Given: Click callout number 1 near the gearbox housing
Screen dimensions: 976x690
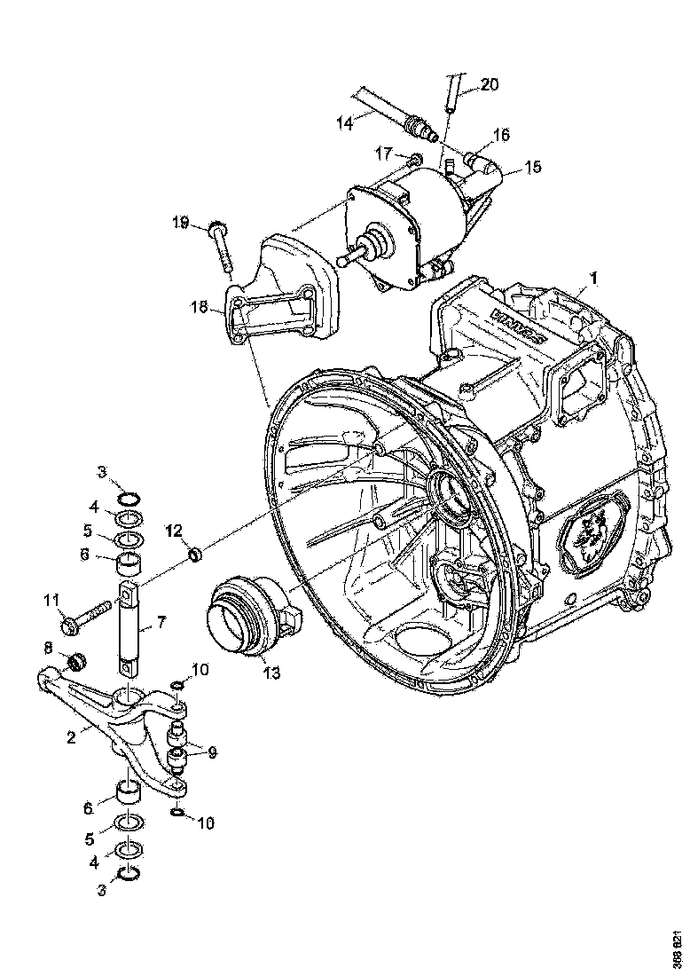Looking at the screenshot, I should (x=593, y=278).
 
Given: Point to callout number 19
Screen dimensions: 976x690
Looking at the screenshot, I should (x=181, y=223).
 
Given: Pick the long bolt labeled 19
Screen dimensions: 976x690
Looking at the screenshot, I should (x=222, y=249).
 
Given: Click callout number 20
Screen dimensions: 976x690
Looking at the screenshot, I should (x=490, y=85).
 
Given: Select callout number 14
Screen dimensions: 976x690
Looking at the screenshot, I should (x=345, y=124).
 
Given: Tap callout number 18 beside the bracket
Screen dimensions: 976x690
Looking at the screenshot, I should (x=200, y=307).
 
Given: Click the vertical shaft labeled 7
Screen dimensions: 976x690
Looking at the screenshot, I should (x=129, y=625).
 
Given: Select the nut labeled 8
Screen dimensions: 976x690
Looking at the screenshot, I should (x=76, y=661).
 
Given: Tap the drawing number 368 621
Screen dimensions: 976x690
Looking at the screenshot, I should (x=678, y=944).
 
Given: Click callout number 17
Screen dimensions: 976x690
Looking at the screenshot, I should (x=382, y=153).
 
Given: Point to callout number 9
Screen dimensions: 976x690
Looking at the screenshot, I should (x=211, y=752).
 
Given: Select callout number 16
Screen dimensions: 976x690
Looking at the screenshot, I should (x=501, y=135).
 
